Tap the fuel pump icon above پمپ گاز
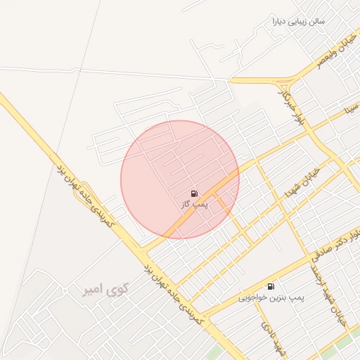point(193,193)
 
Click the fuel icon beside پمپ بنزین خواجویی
point(271,286)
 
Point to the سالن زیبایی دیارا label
point(299,21)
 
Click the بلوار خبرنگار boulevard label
point(282,103)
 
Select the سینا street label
point(351,110)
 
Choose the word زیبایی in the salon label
point(304,21)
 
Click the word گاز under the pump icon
point(186,204)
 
